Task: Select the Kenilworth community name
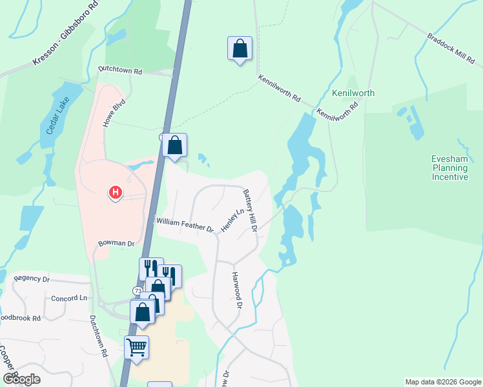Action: coord(353,93)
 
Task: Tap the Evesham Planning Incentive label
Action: coord(449,168)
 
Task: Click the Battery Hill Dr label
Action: coord(250,210)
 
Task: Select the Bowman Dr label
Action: coord(116,244)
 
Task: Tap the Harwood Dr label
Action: coord(236,290)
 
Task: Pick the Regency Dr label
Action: coord(32,279)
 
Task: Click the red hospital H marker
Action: coord(116,192)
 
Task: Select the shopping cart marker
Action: coord(137,348)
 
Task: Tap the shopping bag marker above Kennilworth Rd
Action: coord(240,48)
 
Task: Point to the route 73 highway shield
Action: coord(138,291)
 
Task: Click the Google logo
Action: coord(21,379)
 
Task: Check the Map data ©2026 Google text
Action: coord(443,382)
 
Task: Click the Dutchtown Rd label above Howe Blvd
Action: coord(119,68)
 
